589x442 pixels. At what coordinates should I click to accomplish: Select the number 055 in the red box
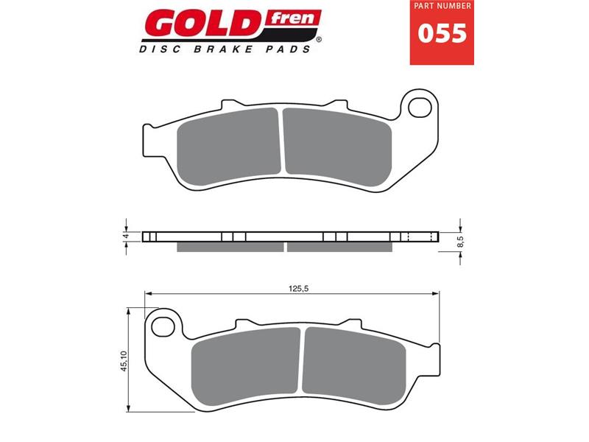(442, 33)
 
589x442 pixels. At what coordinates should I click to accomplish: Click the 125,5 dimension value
(297, 288)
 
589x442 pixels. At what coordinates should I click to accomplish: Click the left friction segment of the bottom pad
(247, 361)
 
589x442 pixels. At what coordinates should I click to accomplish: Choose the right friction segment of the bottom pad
(353, 359)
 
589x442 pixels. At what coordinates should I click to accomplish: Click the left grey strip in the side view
(230, 247)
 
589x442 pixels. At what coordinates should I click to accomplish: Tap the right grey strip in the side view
(339, 247)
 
